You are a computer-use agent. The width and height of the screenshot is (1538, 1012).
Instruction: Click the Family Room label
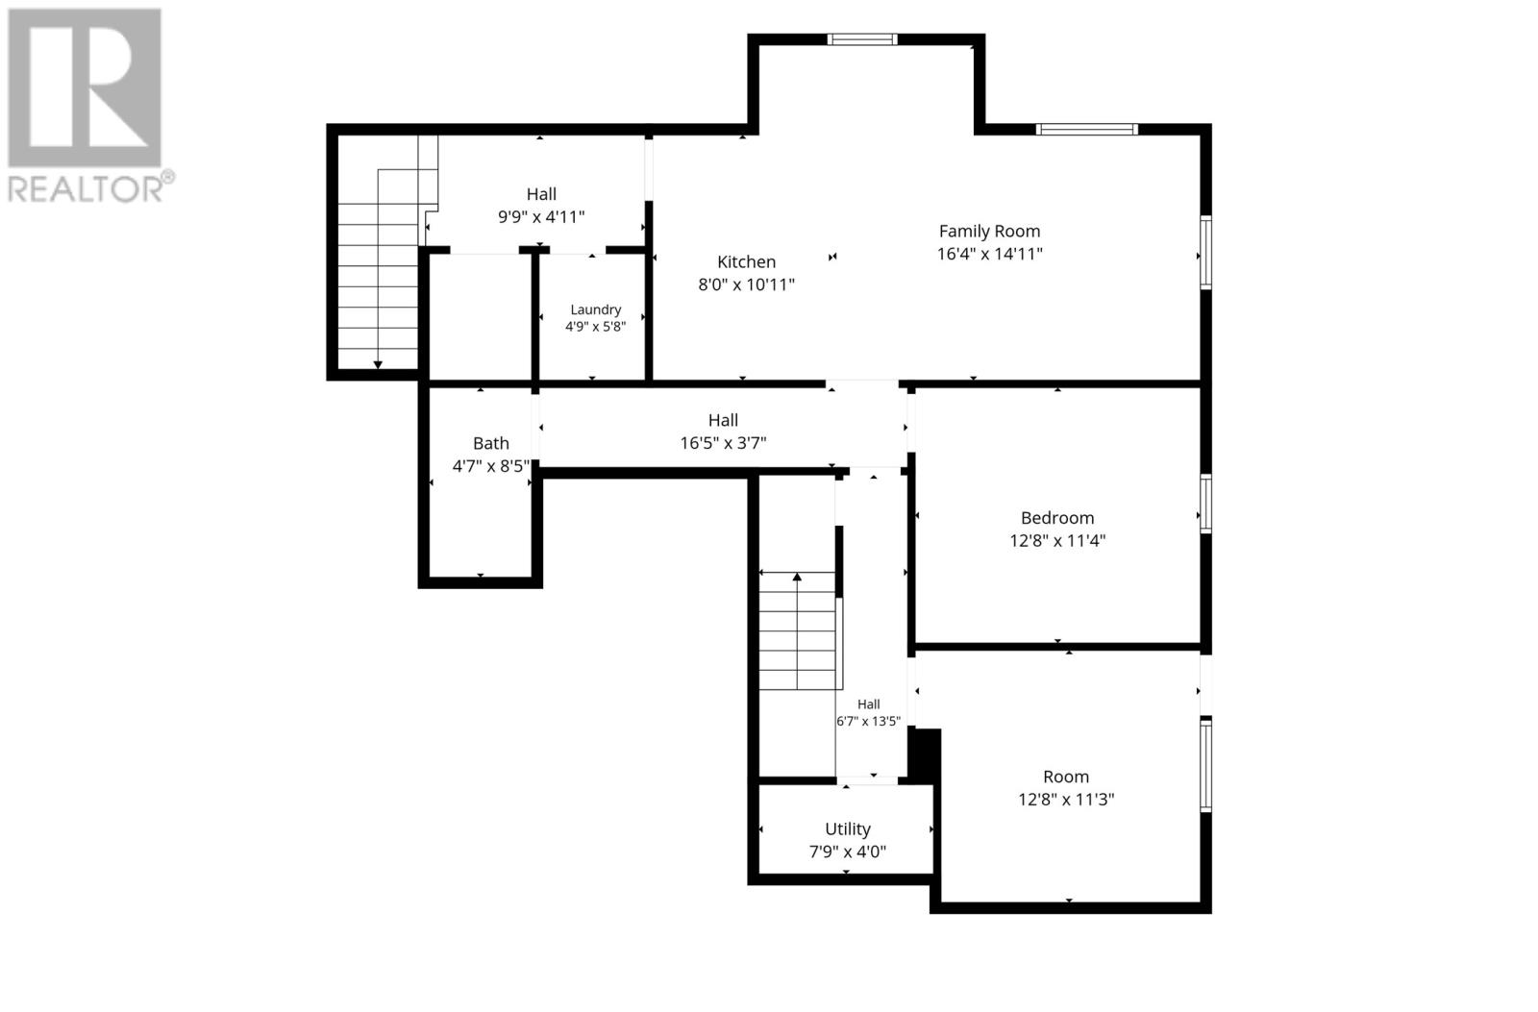tap(989, 232)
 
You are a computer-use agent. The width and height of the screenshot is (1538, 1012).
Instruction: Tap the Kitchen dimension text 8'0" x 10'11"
tap(746, 284)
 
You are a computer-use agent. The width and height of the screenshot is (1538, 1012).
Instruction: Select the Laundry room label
tap(595, 309)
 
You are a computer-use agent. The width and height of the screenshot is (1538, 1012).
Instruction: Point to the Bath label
tap(491, 443)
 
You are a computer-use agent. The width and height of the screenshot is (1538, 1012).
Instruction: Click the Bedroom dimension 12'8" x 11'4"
tap(1057, 541)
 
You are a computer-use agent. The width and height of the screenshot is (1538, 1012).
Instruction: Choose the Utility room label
tap(848, 829)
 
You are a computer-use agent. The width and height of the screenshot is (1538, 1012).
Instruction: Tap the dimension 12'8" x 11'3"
tap(1066, 800)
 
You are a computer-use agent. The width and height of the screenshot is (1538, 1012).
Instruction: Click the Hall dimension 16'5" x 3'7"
tap(723, 443)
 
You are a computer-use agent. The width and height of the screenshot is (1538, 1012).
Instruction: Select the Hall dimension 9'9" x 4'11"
tap(541, 217)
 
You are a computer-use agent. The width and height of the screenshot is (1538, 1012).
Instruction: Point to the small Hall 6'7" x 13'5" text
tap(869, 713)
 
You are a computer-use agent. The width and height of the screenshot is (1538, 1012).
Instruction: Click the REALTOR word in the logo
tap(87, 190)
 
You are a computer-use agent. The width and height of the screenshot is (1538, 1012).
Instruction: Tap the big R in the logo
tap(85, 87)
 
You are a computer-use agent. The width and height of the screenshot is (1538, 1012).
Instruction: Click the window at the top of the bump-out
tap(861, 39)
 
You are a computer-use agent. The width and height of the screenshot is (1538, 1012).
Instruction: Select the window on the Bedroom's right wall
tap(1205, 504)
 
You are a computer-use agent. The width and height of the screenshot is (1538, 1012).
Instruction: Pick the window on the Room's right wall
tap(1205, 765)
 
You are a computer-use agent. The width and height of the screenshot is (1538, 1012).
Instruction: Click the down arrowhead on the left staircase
tap(378, 365)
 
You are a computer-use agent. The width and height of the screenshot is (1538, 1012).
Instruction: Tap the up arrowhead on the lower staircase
tap(797, 578)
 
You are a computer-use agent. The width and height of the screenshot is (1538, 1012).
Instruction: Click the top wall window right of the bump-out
tap(1087, 129)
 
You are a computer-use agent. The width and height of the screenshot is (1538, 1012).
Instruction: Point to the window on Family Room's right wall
tap(1205, 252)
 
